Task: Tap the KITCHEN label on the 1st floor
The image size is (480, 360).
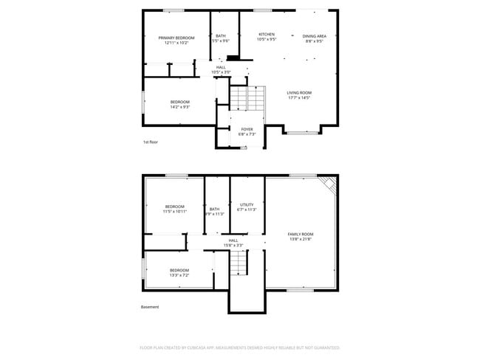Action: (267, 35)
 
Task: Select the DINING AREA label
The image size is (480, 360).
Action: (315, 35)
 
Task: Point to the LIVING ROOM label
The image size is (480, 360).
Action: (299, 92)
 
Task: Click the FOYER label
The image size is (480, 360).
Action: (247, 129)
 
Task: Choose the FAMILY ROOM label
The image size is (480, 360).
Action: (300, 234)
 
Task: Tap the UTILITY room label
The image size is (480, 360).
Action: (247, 204)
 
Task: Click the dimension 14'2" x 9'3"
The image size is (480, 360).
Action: (180, 107)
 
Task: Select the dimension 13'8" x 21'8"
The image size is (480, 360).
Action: (300, 239)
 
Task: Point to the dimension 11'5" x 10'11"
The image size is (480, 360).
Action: (175, 211)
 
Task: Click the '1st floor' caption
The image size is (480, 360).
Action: (150, 142)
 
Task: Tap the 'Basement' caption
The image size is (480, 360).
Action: (150, 307)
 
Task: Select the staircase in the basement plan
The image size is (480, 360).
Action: (238, 262)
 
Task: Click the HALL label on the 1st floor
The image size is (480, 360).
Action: (221, 67)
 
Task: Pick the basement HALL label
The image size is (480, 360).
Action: (233, 240)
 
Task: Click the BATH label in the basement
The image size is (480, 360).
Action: (214, 209)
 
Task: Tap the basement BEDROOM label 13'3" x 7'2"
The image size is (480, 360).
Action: (179, 270)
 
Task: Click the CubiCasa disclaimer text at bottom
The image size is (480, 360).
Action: (239, 347)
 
